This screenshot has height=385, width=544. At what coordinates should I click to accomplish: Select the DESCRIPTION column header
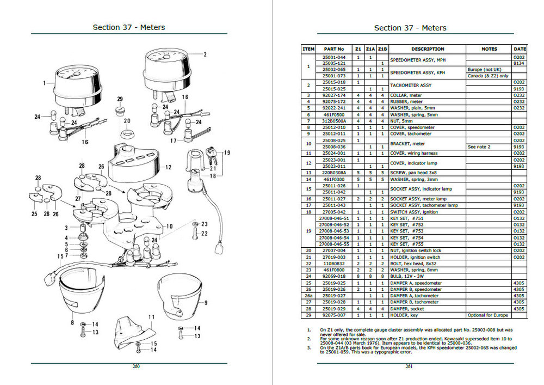tap(428, 49)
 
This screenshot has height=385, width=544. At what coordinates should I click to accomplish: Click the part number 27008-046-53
tap(334, 231)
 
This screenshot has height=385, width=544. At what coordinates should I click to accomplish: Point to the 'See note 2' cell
tap(479, 147)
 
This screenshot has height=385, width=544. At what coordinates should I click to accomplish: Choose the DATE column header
tap(520, 49)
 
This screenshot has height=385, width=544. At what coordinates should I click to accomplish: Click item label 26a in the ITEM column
tap(308, 296)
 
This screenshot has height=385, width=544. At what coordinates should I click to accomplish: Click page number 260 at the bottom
tap(136, 366)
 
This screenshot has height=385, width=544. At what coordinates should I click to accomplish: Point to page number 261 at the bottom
tap(409, 366)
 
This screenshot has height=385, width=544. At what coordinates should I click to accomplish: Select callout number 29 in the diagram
tap(120, 99)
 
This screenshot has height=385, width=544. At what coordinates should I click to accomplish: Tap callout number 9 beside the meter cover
tap(206, 302)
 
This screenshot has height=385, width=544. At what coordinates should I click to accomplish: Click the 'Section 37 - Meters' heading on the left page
tap(129, 27)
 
